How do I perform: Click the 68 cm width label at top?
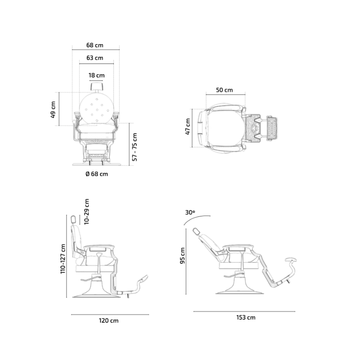point(95,45)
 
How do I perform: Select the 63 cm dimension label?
point(95,58)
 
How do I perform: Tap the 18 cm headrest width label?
point(96,75)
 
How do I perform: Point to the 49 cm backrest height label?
point(53,110)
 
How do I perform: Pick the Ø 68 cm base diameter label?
point(97,174)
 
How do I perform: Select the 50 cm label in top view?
point(225,90)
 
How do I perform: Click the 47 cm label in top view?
point(188,126)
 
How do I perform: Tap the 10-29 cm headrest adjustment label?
point(87,211)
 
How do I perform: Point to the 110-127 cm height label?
point(63,258)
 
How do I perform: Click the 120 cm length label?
point(108,320)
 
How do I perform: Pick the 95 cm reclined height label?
point(182,256)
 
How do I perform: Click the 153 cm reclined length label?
point(245,317)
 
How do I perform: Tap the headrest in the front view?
point(96,86)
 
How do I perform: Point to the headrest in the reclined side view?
point(197,232)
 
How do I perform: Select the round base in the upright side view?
point(96,294)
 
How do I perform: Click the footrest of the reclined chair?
point(292,260)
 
